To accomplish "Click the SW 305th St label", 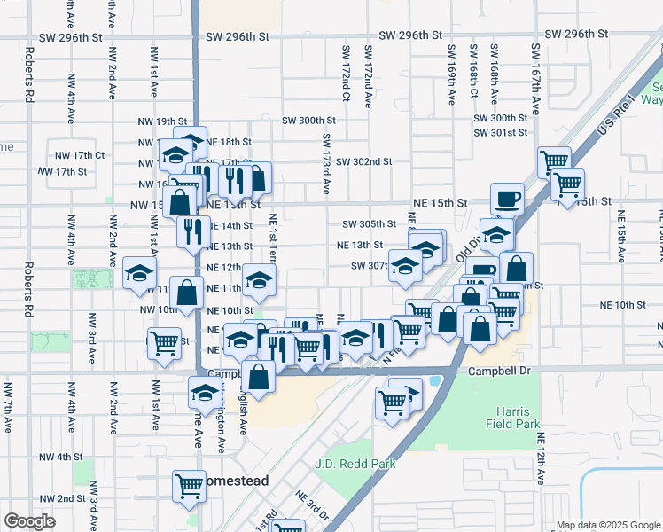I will pos(369,224).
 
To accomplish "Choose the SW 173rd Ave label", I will pos(326,164).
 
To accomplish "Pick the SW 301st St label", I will pos(501,132).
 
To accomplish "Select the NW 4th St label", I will pos(60,457).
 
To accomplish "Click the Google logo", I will pos(28,521).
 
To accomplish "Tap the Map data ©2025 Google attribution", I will pos(607,524).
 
